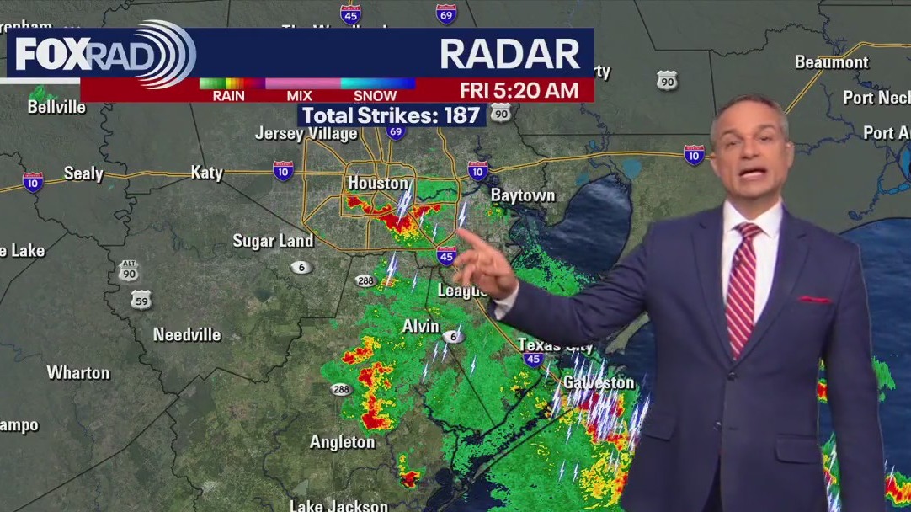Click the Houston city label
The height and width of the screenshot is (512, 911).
click(x=378, y=183)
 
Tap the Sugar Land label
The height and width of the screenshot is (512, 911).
click(x=273, y=241)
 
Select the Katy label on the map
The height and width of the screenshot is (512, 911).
click(x=206, y=173)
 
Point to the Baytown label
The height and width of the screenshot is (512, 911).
click(x=523, y=195)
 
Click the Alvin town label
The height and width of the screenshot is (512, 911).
click(x=420, y=326)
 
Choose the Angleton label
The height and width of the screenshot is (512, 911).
click(x=342, y=442)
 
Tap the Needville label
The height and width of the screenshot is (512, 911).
click(x=187, y=334)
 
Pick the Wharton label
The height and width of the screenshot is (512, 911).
click(x=78, y=372)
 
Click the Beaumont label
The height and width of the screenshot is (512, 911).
click(x=831, y=62)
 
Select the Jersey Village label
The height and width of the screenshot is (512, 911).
click(x=306, y=134)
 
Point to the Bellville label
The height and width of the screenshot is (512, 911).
click(x=56, y=107)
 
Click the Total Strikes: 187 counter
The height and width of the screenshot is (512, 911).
click(x=391, y=115)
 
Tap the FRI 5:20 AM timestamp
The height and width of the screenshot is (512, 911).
click(x=519, y=90)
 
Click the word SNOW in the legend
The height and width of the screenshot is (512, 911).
click(x=375, y=95)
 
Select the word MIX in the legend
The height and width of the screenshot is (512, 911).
click(x=299, y=95)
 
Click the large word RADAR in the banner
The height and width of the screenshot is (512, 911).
click(x=509, y=55)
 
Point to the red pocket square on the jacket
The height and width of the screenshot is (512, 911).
click(x=813, y=299)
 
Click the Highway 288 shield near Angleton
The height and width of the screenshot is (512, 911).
click(x=341, y=389)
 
